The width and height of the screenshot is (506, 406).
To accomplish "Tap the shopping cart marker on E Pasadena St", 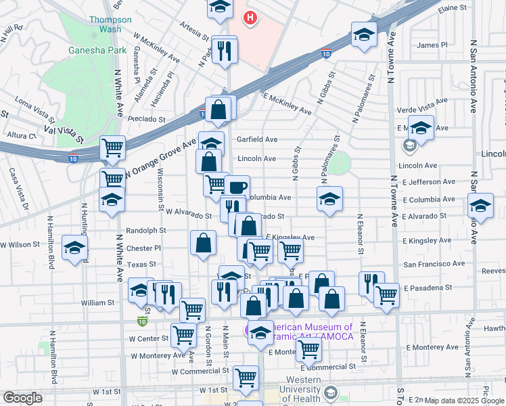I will (x=386, y=294).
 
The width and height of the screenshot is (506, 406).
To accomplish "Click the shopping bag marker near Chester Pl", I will (x=203, y=243).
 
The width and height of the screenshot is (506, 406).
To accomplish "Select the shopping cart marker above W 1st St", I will (x=245, y=378).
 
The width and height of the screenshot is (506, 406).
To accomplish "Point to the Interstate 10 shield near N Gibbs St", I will (x=326, y=53).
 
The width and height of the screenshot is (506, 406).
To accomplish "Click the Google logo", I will (x=22, y=397).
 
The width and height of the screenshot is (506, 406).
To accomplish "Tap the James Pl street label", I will (x=432, y=45).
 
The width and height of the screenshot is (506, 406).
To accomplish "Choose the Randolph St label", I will (x=150, y=230).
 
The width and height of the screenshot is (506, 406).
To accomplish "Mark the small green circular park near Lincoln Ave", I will (x=340, y=162).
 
